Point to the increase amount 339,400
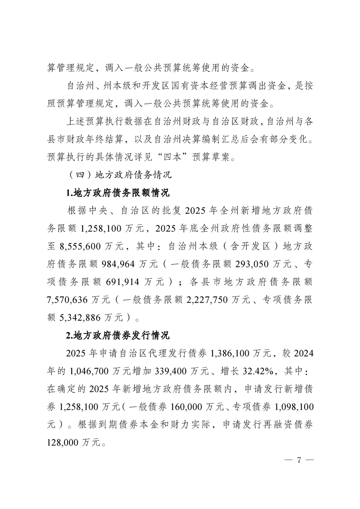click(173, 370)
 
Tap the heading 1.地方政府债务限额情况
click(118, 193)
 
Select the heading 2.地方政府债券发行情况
click(118, 336)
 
